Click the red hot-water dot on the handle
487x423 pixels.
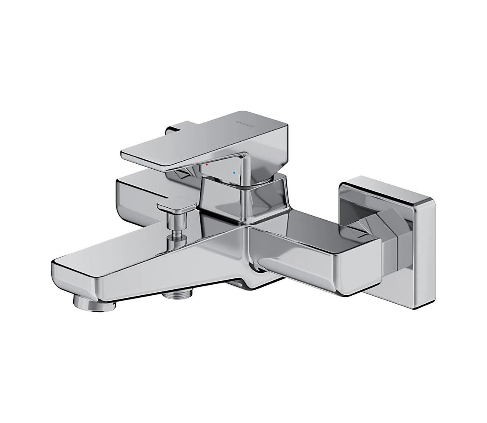click(207, 164)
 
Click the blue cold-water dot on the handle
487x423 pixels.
click(234, 173)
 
